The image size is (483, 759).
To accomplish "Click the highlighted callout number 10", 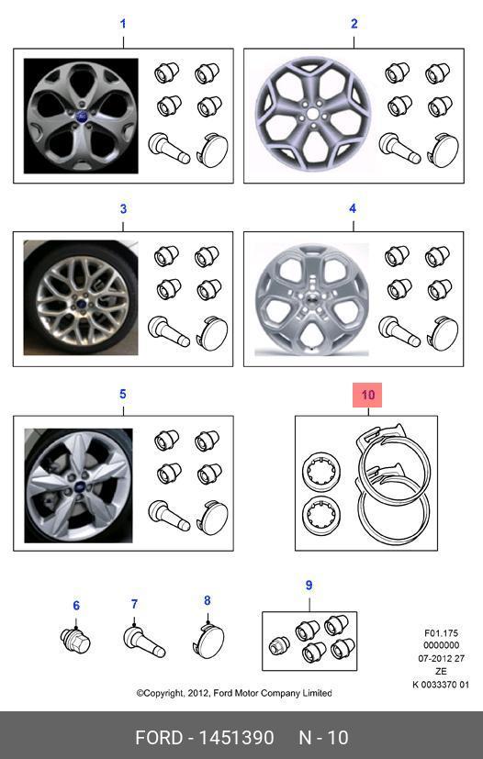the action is pos(367,395).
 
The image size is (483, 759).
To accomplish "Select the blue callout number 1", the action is pos(123,24).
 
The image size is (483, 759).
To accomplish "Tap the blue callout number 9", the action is pos(309,586).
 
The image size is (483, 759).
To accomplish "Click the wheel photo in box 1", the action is pos(81,117).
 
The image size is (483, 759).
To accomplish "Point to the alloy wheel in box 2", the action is pos(313,114).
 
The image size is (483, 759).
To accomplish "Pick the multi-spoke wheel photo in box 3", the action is pos(81,297).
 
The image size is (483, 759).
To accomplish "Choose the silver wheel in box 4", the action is pos(312,299).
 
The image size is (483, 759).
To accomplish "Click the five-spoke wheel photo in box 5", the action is pos(78,486).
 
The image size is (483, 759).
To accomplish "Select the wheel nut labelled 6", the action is pos(76,640).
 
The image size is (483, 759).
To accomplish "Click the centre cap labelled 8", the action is pos(208,641).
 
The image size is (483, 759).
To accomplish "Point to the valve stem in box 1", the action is pos(169,149).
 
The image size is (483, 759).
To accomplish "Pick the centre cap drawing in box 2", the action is pos(443,151).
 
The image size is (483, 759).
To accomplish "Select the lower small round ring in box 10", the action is pos(321,516).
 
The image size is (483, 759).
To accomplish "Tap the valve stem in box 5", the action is pos(169,517).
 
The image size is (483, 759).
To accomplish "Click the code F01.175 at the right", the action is pos(441,633).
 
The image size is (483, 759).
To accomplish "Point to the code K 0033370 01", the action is pos(441,685).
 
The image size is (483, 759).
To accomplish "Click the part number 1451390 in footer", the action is pos(237,738).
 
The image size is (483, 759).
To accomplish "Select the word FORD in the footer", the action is pos(158,738).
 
